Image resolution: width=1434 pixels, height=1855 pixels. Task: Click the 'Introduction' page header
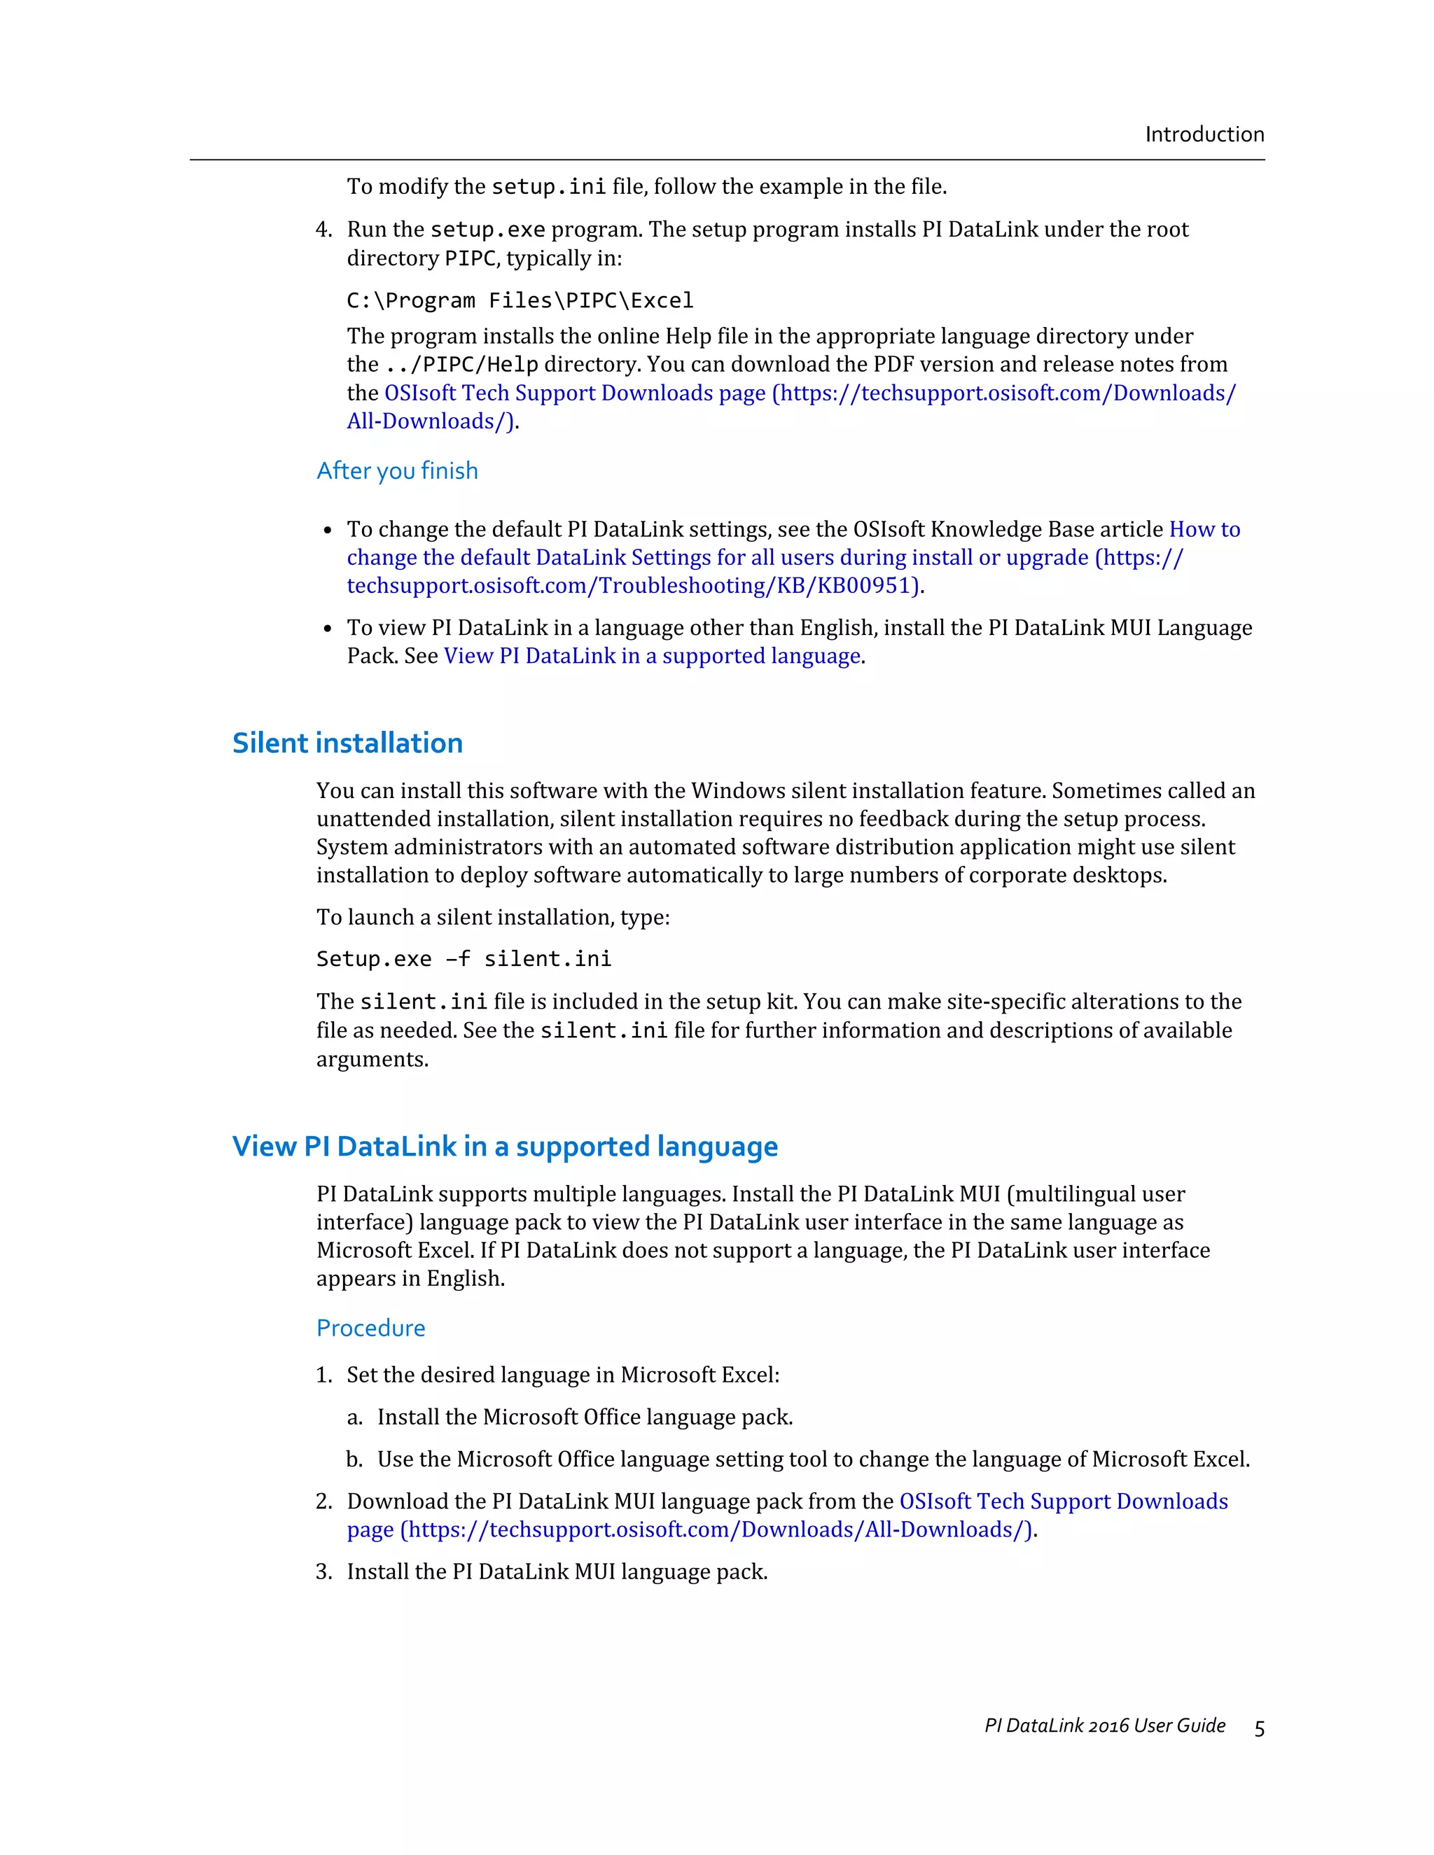[1204, 134]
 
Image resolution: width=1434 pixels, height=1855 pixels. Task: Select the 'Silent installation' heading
[347, 743]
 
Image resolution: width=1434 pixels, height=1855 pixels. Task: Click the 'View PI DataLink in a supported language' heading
[505, 1147]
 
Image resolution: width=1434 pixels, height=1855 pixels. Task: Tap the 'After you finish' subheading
[397, 470]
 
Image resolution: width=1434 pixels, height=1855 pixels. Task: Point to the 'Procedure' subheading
[370, 1327]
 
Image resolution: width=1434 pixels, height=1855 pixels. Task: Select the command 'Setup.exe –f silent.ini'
[464, 959]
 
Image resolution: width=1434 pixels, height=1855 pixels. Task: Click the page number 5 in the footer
[1259, 1728]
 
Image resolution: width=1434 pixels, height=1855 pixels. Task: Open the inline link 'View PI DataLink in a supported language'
[652, 656]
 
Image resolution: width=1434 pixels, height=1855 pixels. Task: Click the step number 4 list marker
[323, 230]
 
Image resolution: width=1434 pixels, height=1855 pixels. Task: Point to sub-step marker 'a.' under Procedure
[354, 1417]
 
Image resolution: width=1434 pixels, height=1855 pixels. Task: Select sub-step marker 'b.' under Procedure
[354, 1459]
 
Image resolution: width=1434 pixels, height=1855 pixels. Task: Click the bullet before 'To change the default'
[328, 531]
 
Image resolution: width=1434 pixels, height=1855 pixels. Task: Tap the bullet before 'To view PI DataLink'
[328, 629]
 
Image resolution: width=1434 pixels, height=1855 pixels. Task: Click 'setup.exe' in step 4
[487, 230]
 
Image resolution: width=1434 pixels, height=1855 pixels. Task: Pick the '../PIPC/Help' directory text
[461, 365]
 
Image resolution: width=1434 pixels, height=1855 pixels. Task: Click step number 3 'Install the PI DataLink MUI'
[323, 1571]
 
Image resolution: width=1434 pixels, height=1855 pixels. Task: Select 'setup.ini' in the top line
[549, 186]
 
